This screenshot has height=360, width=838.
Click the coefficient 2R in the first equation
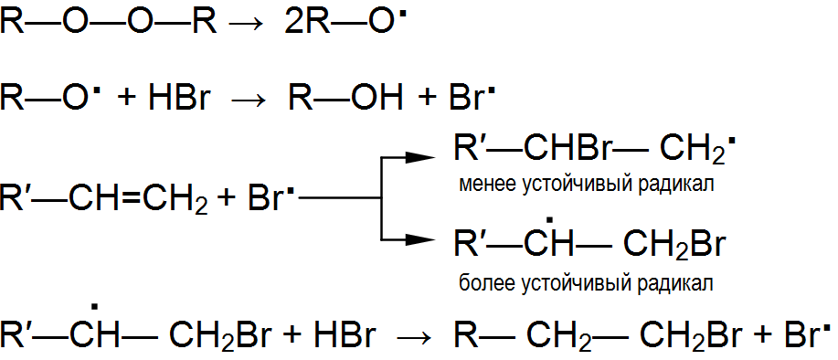tap(303, 23)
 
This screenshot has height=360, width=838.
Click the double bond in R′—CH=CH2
tap(132, 197)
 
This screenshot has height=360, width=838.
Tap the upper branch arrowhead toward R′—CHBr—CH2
tap(420, 157)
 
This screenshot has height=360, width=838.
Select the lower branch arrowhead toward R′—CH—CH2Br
tap(420, 239)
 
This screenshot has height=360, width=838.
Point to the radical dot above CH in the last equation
tap(95, 307)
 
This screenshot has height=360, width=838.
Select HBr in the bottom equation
tap(345, 336)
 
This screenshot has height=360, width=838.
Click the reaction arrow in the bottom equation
tap(413, 337)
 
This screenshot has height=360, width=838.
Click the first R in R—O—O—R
tap(12, 23)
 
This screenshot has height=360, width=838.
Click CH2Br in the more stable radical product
tap(674, 246)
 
